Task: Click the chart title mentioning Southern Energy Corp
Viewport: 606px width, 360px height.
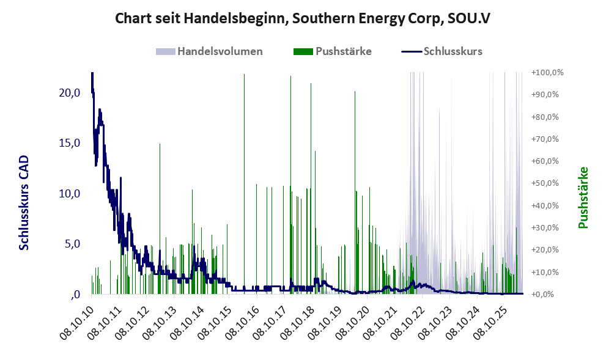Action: click(303, 18)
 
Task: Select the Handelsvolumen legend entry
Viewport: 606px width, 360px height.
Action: click(209, 51)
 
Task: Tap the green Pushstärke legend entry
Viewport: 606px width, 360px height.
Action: click(333, 51)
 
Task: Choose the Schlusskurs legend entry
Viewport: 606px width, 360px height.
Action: click(442, 51)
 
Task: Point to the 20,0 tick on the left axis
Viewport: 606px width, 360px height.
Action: click(70, 93)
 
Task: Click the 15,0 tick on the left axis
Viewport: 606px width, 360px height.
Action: click(70, 143)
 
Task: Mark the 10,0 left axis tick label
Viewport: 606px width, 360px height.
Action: click(70, 194)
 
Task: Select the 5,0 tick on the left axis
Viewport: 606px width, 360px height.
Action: click(72, 244)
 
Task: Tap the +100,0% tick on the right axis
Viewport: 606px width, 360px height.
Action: click(547, 73)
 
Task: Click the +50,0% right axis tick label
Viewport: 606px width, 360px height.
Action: click(545, 183)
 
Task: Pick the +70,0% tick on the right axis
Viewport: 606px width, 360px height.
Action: click(545, 139)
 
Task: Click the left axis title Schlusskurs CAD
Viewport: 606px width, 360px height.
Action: click(24, 203)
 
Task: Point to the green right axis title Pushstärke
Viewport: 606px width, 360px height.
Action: click(583, 197)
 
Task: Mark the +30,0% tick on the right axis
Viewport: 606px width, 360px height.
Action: click(545, 227)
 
